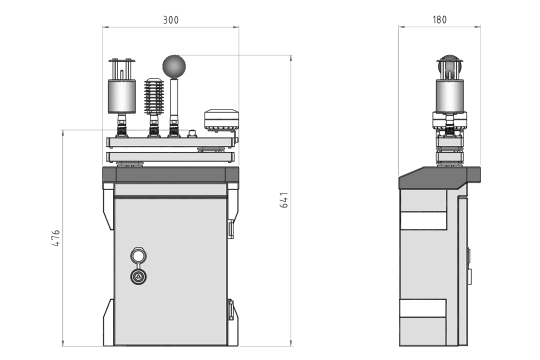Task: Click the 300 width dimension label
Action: pyautogui.click(x=171, y=20)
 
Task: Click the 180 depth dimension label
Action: pyautogui.click(x=439, y=20)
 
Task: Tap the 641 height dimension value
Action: pyautogui.click(x=284, y=200)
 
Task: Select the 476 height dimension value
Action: pyautogui.click(x=56, y=238)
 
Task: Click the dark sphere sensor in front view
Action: pyautogui.click(x=174, y=66)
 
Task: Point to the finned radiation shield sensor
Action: pyautogui.click(x=154, y=96)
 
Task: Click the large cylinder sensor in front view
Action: pyautogui.click(x=122, y=96)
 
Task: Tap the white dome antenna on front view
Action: pyautogui.click(x=221, y=120)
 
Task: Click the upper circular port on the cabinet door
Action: pyautogui.click(x=138, y=256)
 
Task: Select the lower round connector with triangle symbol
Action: pyautogui.click(x=139, y=276)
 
